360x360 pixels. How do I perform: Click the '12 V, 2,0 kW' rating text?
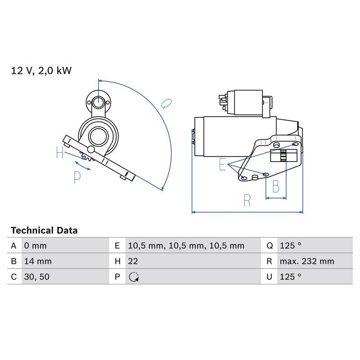[41, 70]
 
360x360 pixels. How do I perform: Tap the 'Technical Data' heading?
[44, 230]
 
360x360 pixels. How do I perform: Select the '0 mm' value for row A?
[35, 246]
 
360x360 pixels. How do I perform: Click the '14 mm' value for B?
[37, 261]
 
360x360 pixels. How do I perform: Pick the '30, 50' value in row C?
[36, 277]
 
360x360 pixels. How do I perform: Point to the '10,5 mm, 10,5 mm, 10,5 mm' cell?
[186, 246]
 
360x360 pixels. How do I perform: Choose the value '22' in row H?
[133, 261]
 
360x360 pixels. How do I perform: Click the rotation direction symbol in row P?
[133, 277]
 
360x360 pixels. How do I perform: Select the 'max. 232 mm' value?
[306, 261]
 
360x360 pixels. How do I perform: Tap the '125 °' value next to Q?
[290, 246]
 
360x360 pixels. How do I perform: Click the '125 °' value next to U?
[290, 277]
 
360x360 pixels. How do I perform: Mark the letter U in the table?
[269, 277]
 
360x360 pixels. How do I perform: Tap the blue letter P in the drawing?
[77, 178]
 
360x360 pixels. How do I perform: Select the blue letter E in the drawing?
[222, 165]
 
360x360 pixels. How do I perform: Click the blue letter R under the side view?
[247, 201]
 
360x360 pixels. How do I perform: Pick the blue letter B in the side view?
[276, 186]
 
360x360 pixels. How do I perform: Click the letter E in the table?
[117, 246]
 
